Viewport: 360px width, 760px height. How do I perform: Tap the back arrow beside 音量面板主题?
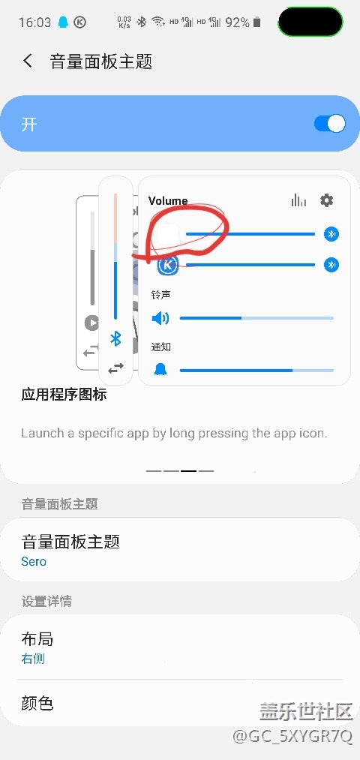28,61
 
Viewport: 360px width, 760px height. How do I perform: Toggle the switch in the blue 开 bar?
330,124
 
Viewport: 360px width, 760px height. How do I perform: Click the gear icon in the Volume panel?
327,200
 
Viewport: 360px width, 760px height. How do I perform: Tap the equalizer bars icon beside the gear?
299,200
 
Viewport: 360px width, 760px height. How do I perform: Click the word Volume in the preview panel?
168,200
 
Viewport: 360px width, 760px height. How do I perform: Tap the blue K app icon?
168,265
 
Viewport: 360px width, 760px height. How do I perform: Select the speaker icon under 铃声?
160,318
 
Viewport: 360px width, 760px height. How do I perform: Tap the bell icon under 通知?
160,370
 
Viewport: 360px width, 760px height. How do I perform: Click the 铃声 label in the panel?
160,294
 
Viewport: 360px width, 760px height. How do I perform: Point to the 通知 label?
160,347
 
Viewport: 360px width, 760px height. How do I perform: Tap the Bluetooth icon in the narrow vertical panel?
115,338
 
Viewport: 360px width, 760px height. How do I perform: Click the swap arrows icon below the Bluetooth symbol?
115,368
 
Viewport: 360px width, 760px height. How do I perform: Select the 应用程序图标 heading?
64,395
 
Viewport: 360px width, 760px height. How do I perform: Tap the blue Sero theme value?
34,561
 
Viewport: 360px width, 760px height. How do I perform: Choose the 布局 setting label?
37,638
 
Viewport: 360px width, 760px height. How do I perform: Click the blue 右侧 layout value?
33,659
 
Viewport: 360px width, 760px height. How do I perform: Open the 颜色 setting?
37,702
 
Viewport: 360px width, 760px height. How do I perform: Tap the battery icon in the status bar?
256,22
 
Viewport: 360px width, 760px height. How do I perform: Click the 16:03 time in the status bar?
35,23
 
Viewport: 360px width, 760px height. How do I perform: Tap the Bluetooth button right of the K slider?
331,265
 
